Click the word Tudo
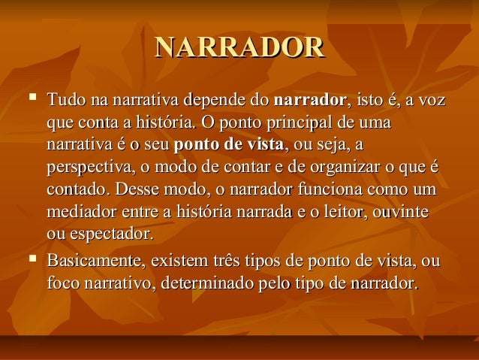[66, 99]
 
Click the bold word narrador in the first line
[311, 99]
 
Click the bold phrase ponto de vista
[227, 143]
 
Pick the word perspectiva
[87, 165]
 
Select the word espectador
[110, 230]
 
